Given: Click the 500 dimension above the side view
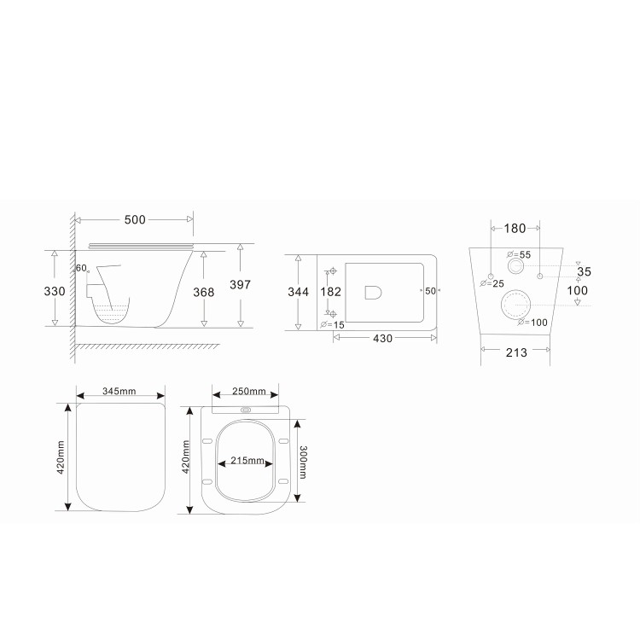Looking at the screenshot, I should [x=135, y=220].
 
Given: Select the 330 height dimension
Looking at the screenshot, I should [x=55, y=291].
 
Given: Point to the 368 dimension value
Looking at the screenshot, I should [x=203, y=291].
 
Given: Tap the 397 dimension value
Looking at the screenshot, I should [x=240, y=285].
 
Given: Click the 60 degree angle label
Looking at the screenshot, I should [x=81, y=268].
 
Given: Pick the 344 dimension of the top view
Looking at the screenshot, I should [x=298, y=292].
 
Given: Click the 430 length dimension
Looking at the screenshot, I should [x=382, y=338].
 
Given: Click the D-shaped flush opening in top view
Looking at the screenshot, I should [x=373, y=293].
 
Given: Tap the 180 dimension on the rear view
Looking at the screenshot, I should [x=515, y=228].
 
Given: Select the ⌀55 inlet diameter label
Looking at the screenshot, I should [x=519, y=255].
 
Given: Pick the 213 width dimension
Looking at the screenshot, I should [x=515, y=352].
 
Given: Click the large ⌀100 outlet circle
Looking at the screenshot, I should [x=515, y=304].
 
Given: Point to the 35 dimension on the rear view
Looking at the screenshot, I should [x=583, y=272].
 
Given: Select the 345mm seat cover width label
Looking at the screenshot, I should [x=119, y=393].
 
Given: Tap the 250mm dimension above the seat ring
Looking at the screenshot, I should [x=249, y=393].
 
